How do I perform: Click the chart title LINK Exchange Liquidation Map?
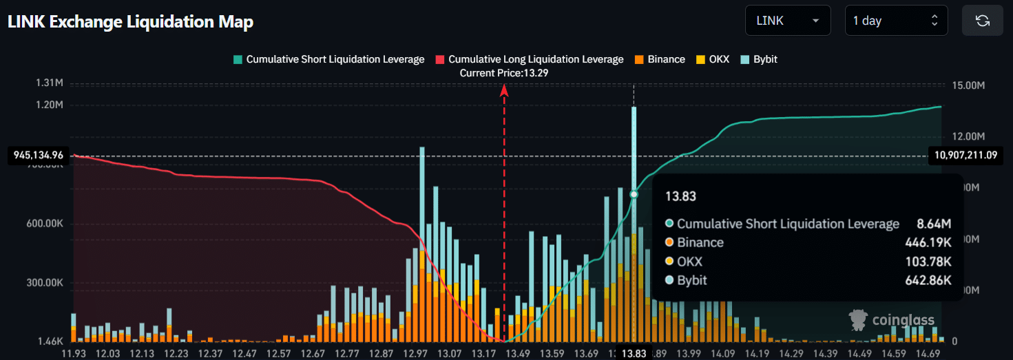tap(130, 21)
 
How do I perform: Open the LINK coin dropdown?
tap(787, 21)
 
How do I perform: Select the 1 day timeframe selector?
tap(896, 21)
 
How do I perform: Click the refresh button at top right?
tap(982, 21)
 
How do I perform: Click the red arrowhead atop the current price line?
tap(504, 89)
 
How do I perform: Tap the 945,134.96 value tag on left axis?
tap(39, 155)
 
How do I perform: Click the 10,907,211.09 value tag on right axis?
tap(965, 155)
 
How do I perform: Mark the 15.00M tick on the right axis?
tap(968, 85)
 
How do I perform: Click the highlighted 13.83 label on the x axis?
tap(634, 353)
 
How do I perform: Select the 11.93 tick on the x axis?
tap(74, 353)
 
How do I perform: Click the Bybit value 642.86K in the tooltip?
tap(928, 280)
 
